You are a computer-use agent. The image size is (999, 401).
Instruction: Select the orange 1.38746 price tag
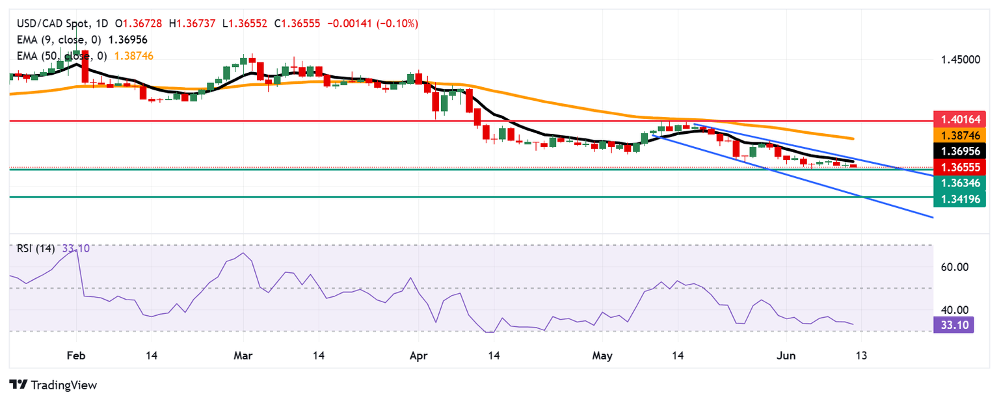(959, 135)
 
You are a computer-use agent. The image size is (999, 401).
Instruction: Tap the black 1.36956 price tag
(959, 151)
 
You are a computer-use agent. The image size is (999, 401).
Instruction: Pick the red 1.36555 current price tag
(959, 167)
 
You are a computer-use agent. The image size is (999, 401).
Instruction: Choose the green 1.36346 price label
(959, 183)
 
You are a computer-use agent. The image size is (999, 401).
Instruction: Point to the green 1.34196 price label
(959, 199)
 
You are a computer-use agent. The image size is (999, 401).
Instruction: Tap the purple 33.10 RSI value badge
(954, 325)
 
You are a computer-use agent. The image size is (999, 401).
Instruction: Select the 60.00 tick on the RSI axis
(955, 267)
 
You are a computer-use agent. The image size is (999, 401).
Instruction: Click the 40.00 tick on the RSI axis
(955, 310)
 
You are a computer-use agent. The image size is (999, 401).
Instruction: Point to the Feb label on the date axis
(76, 356)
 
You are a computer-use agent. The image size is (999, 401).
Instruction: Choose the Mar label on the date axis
(243, 356)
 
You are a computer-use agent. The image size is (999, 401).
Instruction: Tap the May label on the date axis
(602, 356)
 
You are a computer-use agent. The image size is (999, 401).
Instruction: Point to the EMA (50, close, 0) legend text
(62, 57)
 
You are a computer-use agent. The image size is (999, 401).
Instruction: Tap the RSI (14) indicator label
(35, 248)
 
